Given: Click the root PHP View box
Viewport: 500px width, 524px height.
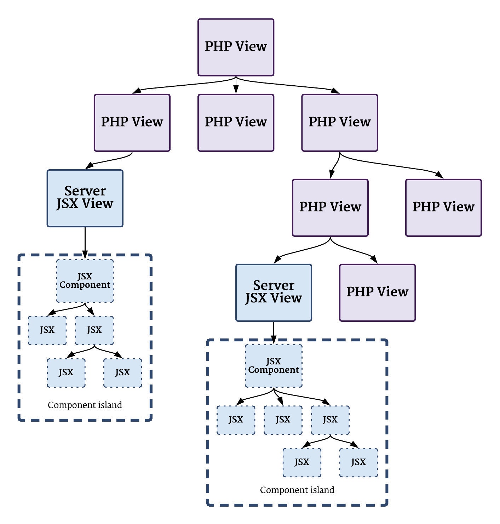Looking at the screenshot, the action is (x=236, y=47).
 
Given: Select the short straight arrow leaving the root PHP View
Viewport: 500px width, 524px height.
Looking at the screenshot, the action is (x=236, y=85).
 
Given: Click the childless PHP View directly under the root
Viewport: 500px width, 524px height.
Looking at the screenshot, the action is (x=236, y=123).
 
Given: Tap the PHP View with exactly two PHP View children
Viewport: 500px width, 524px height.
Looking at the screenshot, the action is (x=340, y=123).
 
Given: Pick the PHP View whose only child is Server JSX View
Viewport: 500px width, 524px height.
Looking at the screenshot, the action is (x=132, y=123).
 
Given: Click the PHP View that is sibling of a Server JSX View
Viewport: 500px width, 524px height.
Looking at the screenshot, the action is (x=377, y=292).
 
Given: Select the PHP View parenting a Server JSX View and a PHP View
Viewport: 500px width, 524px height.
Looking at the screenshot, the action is (x=330, y=207).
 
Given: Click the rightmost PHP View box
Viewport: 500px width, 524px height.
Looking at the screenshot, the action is (x=443, y=207).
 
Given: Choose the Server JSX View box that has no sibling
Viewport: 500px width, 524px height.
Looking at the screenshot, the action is (x=85, y=198).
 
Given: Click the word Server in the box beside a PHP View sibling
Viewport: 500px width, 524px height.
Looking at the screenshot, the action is (x=274, y=285).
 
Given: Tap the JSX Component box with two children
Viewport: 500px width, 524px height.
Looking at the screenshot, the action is (x=85, y=280).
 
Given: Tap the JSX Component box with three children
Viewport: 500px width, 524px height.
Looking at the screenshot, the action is (x=274, y=366).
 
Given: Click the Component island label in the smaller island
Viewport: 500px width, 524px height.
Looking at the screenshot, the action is (x=85, y=405).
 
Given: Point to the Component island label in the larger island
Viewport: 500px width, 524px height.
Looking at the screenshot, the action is (x=297, y=490).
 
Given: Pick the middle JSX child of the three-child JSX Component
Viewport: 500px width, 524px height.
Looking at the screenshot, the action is (x=283, y=420).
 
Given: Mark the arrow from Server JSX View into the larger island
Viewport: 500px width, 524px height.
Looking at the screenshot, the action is (x=274, y=333).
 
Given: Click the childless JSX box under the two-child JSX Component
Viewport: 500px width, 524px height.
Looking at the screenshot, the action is (x=47, y=330).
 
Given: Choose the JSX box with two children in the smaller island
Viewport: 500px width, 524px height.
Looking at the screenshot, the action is (x=94, y=330).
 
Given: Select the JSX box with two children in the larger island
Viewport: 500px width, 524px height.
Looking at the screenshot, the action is (x=330, y=420).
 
